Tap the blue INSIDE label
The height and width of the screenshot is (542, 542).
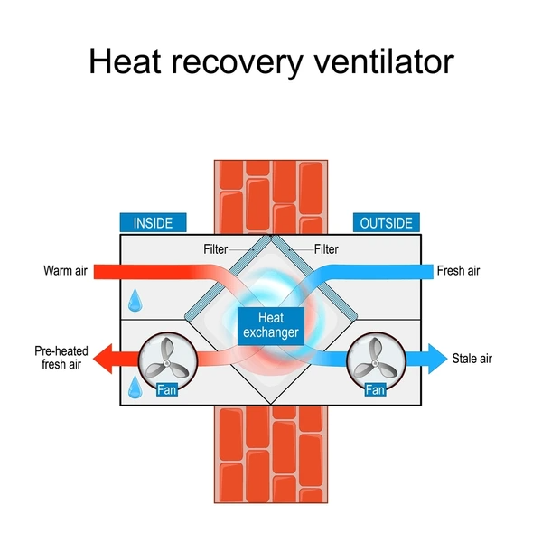pyautogui.click(x=153, y=223)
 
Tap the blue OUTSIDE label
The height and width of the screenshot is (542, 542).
pyautogui.click(x=387, y=223)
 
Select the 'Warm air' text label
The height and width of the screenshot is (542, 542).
pyautogui.click(x=64, y=270)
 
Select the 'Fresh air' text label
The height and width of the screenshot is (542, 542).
pyautogui.click(x=458, y=270)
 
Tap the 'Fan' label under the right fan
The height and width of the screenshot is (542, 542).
pyautogui.click(x=374, y=391)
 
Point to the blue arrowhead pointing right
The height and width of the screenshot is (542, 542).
pyautogui.click(x=434, y=359)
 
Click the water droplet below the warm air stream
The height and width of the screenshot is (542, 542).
pyautogui.click(x=135, y=298)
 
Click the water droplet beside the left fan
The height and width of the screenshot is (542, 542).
pyautogui.click(x=134, y=387)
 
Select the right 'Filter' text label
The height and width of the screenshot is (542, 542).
pyautogui.click(x=328, y=248)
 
